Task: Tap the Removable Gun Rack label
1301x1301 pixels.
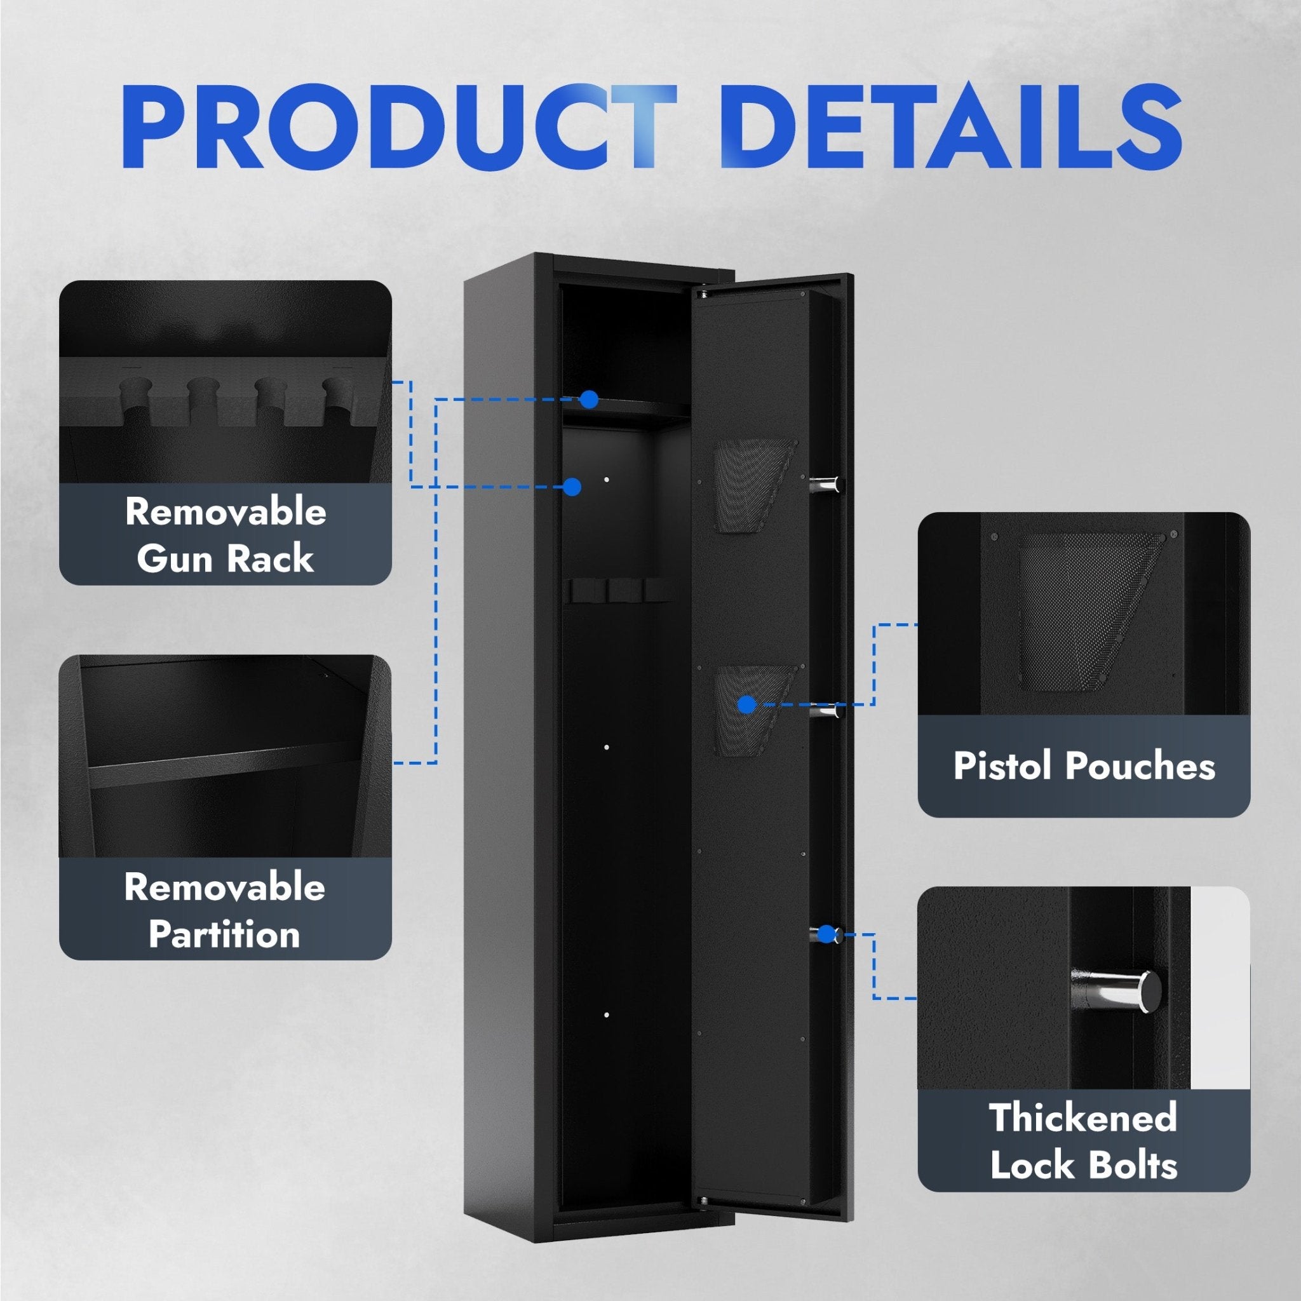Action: pyautogui.click(x=226, y=535)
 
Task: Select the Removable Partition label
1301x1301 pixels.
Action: pyautogui.click(x=225, y=910)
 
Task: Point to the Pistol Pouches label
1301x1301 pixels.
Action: pyautogui.click(x=1084, y=765)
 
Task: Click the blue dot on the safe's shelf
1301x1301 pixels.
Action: pyautogui.click(x=590, y=400)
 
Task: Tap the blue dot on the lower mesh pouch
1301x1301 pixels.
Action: pyautogui.click(x=747, y=704)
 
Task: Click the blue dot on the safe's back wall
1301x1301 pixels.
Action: pyautogui.click(x=572, y=487)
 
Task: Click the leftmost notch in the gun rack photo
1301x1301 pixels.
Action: pyautogui.click(x=135, y=402)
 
